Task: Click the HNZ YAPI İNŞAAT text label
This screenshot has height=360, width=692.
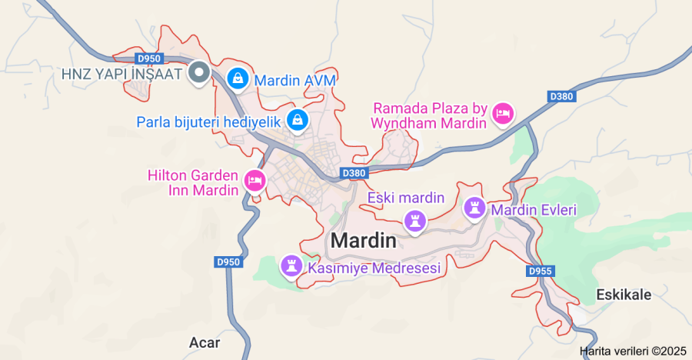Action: coord(121,75)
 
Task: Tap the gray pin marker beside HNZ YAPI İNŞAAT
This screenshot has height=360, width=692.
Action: coord(200,73)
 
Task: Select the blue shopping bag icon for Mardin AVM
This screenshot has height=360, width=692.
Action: coord(238,78)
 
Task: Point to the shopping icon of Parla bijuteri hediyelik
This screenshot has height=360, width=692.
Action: coord(298,119)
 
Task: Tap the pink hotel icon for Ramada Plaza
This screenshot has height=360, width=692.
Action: coord(503,114)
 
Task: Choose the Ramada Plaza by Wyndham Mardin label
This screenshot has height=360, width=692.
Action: coord(430,115)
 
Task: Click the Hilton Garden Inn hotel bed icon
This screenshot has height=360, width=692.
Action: coord(254,182)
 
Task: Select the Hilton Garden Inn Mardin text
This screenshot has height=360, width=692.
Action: coord(193,182)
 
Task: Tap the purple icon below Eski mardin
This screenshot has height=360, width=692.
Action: coord(416,221)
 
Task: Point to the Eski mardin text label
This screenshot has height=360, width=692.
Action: coord(406,198)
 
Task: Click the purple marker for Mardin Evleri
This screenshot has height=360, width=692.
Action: coord(474,207)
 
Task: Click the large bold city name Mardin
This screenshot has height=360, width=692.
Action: coord(364,241)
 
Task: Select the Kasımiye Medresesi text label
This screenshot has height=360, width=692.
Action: coord(374,268)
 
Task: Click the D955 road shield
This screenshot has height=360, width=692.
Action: coord(541,272)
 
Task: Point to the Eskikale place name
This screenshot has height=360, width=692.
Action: coord(624,295)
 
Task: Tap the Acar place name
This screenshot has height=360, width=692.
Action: coord(205,342)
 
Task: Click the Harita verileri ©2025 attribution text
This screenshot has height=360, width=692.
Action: coord(633,351)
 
